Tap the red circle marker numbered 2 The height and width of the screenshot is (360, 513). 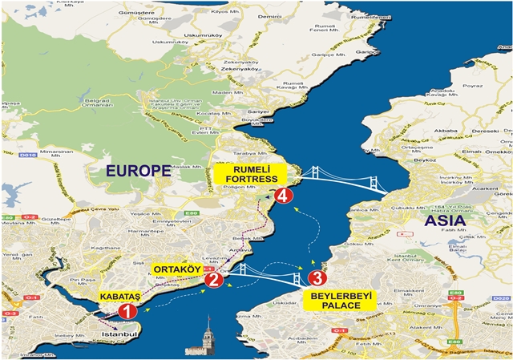point(213,279)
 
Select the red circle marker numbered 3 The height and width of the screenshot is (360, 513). point(317,278)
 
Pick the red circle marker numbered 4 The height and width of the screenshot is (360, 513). point(282,195)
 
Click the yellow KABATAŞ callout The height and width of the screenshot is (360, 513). point(119,297)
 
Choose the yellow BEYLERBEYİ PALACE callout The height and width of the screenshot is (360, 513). point(336,301)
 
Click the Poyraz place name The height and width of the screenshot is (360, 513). point(473,84)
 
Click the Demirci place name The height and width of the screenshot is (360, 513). point(269,15)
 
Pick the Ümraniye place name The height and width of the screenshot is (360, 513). point(426,305)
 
